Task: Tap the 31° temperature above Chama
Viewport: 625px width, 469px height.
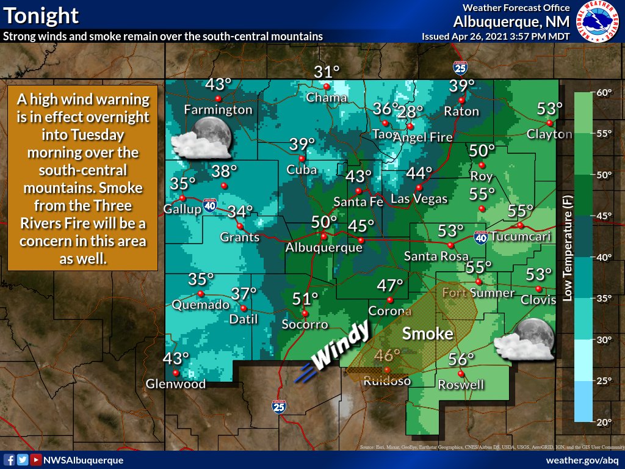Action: tap(327, 73)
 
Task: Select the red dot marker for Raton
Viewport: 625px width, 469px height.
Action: tap(461, 100)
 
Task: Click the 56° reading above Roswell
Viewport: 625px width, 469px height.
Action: tap(461, 360)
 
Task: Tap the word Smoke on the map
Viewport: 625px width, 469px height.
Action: tap(427, 334)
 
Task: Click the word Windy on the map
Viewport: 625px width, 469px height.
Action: tap(342, 346)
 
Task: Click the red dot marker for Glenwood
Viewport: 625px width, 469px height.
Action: tap(176, 373)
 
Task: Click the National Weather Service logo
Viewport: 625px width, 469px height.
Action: tap(597, 21)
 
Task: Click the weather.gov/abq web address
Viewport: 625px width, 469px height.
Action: tap(582, 460)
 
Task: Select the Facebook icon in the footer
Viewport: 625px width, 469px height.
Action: tap(9, 460)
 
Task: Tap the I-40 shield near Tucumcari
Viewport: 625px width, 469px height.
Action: tap(480, 236)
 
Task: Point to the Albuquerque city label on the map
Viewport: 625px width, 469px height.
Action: tap(323, 248)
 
